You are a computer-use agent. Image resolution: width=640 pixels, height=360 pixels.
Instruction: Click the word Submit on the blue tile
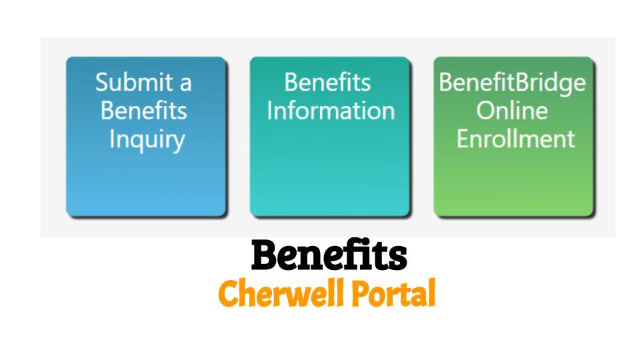pyautogui.click(x=134, y=82)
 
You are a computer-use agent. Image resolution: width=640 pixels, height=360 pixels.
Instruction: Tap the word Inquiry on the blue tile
pyautogui.click(x=147, y=140)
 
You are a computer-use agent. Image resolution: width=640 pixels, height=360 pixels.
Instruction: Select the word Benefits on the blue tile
pyautogui.click(x=144, y=111)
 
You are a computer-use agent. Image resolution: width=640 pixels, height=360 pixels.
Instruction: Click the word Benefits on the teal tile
pyautogui.click(x=327, y=82)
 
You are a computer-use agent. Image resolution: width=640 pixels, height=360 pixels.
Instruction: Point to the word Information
pyautogui.click(x=331, y=111)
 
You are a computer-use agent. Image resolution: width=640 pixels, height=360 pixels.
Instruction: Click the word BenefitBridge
pyautogui.click(x=512, y=83)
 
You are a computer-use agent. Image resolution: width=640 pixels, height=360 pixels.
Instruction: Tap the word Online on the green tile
pyautogui.click(x=512, y=111)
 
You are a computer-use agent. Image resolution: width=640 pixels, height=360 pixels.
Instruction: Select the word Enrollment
pyautogui.click(x=515, y=139)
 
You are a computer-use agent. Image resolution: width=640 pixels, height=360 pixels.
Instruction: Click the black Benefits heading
pyautogui.click(x=329, y=255)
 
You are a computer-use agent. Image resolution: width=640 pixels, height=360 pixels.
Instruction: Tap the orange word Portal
pyautogui.click(x=394, y=293)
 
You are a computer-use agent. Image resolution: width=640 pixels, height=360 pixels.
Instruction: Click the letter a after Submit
pyautogui.click(x=186, y=85)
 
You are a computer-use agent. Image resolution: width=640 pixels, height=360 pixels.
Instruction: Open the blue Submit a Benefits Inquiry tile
pyautogui.click(x=146, y=137)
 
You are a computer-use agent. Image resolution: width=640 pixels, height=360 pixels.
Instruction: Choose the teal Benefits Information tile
pyautogui.click(x=330, y=137)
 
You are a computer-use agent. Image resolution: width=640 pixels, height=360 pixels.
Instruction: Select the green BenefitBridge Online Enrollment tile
pyautogui.click(x=513, y=137)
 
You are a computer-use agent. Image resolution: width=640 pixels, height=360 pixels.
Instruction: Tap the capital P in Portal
pyautogui.click(x=361, y=293)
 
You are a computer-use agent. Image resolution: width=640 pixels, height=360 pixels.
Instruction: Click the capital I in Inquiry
pyautogui.click(x=112, y=139)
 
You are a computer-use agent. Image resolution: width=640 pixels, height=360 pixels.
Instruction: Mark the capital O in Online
pyautogui.click(x=485, y=111)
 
